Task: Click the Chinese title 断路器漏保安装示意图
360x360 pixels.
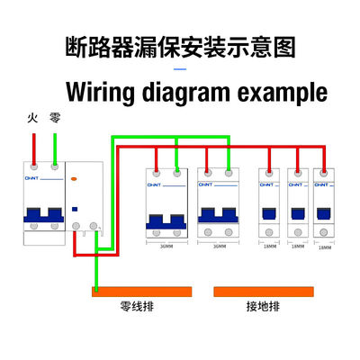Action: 180,47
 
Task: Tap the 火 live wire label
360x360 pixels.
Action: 32,118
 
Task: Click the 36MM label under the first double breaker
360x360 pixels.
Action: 166,245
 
